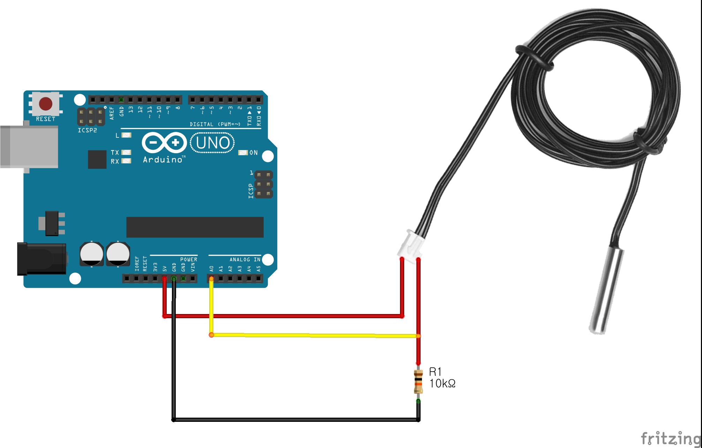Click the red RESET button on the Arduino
(46, 104)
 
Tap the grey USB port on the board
(29, 147)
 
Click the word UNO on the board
(213, 143)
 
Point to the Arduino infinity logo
(164, 142)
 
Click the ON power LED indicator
(243, 152)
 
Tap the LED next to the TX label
(126, 152)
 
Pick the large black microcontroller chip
(195, 227)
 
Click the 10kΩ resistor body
(418, 382)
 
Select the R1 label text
(435, 372)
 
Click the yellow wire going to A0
(314, 335)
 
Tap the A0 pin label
(211, 269)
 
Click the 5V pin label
(165, 269)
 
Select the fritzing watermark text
(671, 438)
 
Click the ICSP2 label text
(87, 130)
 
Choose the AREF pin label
(112, 113)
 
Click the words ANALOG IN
(245, 260)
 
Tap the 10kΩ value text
(442, 384)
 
